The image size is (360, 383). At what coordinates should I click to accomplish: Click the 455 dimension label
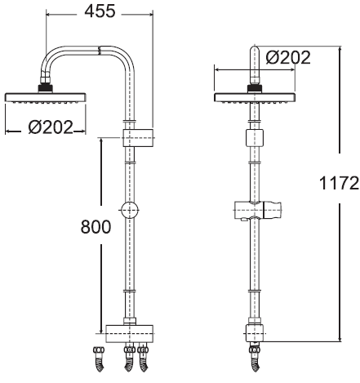point(100,11)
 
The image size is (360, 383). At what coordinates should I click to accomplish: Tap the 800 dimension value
point(96,227)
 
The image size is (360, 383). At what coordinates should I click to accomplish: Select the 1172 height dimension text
point(339,183)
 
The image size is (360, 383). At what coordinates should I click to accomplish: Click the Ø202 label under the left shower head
point(51,127)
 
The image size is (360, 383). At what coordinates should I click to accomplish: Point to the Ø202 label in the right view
point(288,57)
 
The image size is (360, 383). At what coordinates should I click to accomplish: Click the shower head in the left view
point(46,97)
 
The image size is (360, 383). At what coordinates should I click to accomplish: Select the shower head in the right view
point(255,97)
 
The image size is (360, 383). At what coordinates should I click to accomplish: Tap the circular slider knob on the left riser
point(130,210)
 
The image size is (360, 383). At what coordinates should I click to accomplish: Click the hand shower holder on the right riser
point(258,211)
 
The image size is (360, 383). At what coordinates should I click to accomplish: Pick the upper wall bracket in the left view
point(138,138)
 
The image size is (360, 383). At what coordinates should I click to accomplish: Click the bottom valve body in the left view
point(129,333)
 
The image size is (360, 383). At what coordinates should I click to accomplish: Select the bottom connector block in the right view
point(255,333)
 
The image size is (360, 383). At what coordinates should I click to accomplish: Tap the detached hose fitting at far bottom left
point(99,359)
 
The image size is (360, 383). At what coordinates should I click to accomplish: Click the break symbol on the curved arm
point(100,51)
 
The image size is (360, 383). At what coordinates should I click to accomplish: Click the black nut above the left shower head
point(45,88)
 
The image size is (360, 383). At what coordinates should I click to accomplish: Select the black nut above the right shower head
point(255,88)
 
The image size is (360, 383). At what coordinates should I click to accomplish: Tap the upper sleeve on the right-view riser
point(255,138)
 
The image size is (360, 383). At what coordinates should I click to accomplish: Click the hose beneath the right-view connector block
point(255,358)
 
